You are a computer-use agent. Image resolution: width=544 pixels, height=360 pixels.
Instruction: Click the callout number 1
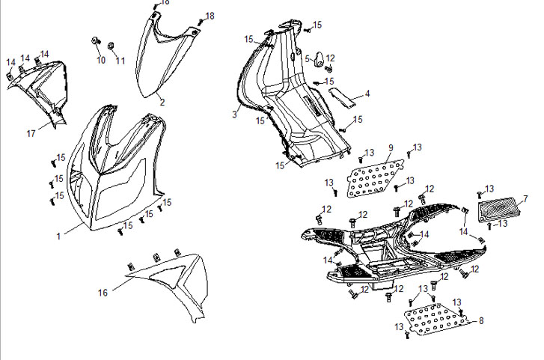coord(58,237)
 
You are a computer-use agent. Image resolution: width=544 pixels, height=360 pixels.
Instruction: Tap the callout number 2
coord(162,101)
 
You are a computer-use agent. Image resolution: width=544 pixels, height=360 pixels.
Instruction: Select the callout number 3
coord(234,115)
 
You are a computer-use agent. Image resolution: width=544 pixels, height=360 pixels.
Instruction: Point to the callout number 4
coord(367,94)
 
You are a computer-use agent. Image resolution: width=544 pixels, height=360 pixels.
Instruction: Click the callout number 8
coord(481,320)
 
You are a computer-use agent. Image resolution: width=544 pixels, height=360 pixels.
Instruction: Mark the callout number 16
coord(103,291)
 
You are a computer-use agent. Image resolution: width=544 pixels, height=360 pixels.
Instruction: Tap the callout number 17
coord(31,134)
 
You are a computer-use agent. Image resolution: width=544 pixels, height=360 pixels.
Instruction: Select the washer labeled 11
coord(111,46)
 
